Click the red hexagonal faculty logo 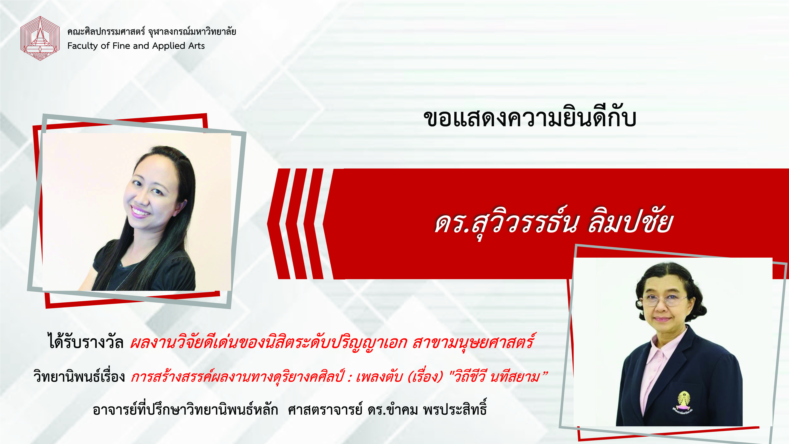tap(40, 38)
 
